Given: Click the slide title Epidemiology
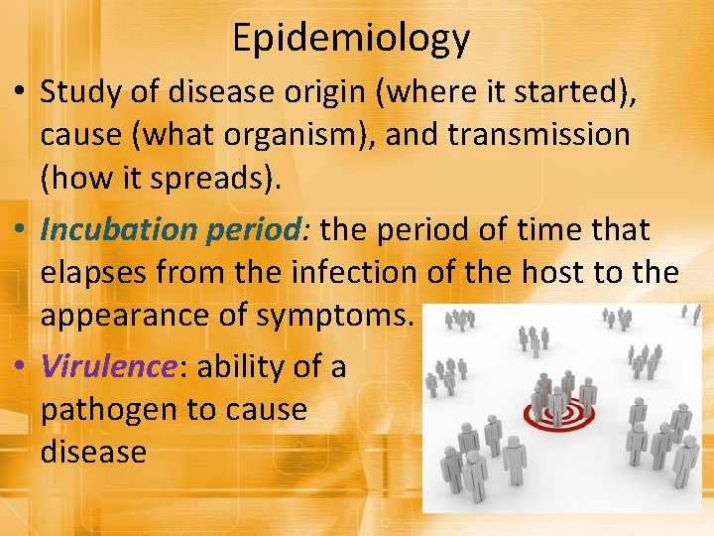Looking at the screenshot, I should (x=350, y=38).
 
